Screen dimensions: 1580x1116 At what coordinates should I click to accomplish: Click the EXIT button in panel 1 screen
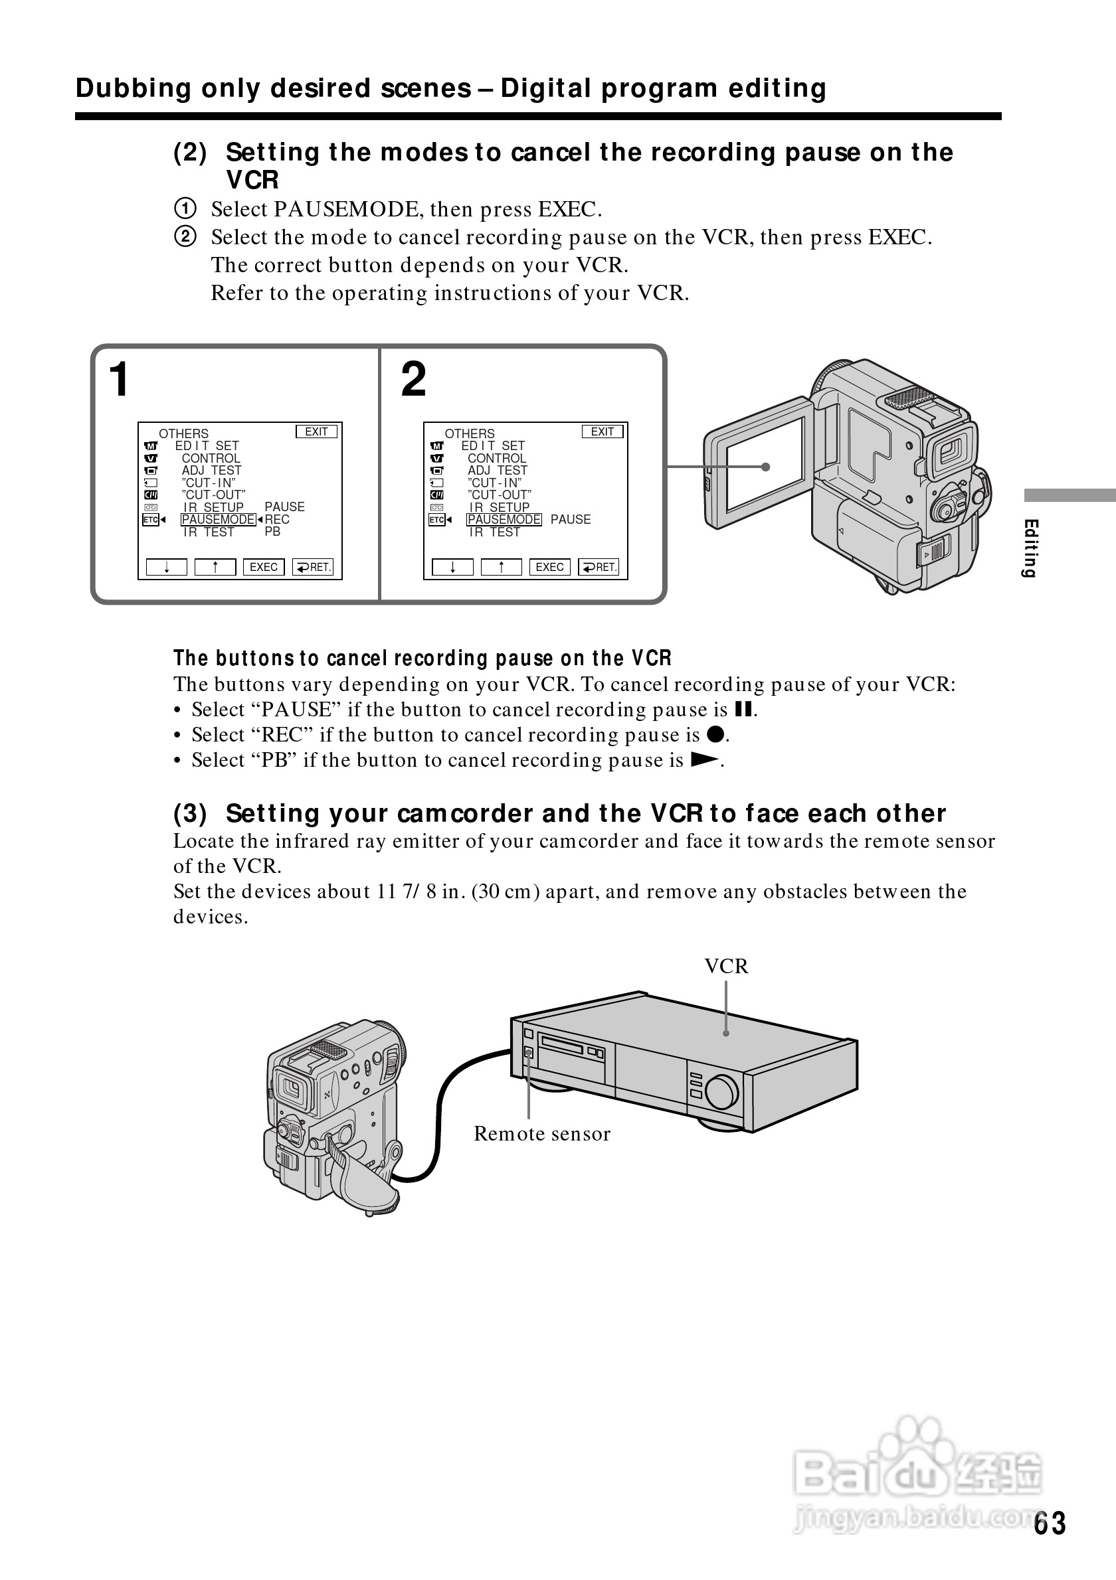pyautogui.click(x=317, y=432)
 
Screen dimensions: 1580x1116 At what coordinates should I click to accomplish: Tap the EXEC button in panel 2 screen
pyautogui.click(x=549, y=567)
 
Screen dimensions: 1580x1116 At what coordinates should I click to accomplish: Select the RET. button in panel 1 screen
pyautogui.click(x=314, y=567)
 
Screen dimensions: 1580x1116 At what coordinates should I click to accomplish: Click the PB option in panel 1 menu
pyautogui.click(x=272, y=532)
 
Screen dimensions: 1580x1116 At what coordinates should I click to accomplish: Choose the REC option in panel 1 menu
pyautogui.click(x=278, y=520)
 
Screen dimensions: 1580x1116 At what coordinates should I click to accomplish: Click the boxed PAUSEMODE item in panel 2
pyautogui.click(x=504, y=520)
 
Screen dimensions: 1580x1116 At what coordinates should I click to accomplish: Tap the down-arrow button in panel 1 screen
pyautogui.click(x=167, y=567)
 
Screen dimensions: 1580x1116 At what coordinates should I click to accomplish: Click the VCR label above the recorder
pyautogui.click(x=725, y=966)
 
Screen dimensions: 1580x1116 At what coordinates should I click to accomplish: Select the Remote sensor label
pyautogui.click(x=542, y=1134)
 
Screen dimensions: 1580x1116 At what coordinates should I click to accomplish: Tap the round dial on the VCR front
pyautogui.click(x=721, y=1091)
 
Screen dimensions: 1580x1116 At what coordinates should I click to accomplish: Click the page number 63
pyautogui.click(x=1049, y=1523)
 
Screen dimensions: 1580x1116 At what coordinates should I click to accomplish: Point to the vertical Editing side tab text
pyautogui.click(x=1030, y=548)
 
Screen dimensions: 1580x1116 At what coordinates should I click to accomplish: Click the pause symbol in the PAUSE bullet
pyautogui.click(x=743, y=709)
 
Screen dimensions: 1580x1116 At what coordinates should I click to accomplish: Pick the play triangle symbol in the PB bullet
pyautogui.click(x=704, y=759)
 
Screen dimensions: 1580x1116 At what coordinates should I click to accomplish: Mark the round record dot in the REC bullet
pyautogui.click(x=715, y=734)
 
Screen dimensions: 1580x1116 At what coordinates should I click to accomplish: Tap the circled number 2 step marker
pyautogui.click(x=185, y=237)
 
